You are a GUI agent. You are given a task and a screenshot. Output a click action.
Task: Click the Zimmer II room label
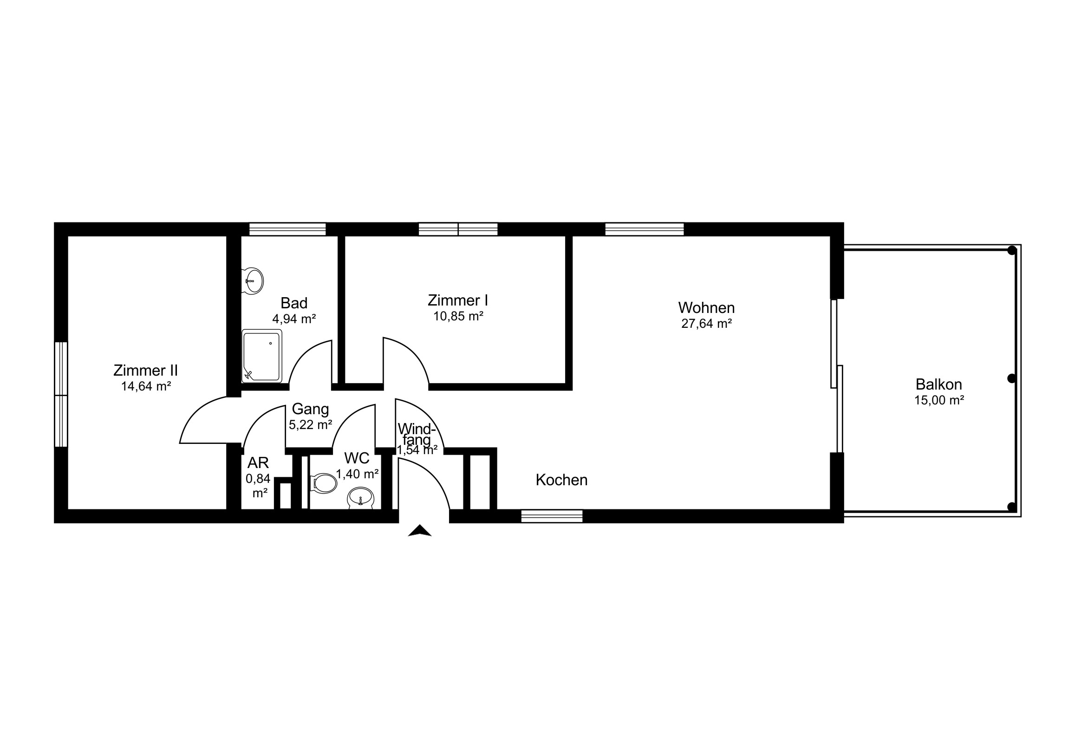click(146, 371)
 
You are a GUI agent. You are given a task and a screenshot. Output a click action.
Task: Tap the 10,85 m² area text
click(458, 316)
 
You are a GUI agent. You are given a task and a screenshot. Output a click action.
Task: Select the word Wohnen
click(706, 308)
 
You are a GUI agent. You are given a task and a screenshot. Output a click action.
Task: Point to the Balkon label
click(939, 384)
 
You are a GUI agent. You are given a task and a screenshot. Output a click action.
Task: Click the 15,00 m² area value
click(939, 400)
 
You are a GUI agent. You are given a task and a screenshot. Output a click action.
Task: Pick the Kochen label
click(561, 480)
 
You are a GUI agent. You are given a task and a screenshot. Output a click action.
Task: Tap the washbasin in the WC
click(360, 498)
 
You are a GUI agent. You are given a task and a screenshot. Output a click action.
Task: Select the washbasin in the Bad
click(253, 281)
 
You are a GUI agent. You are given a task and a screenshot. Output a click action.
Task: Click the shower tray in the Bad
click(262, 356)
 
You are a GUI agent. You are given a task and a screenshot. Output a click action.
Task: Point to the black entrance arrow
click(420, 531)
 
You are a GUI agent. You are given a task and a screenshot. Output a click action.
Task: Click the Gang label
click(310, 410)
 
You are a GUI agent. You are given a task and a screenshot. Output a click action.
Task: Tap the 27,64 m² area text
click(707, 324)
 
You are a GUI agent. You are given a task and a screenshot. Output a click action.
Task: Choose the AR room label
click(258, 463)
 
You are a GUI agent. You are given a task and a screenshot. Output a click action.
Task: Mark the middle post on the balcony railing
click(1011, 379)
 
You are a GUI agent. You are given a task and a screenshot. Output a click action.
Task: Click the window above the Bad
click(287, 229)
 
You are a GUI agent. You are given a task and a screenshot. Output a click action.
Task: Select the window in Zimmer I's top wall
click(458, 229)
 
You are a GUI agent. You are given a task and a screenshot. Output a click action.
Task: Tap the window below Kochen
click(552, 516)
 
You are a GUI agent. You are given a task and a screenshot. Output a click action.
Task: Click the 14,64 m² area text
click(146, 387)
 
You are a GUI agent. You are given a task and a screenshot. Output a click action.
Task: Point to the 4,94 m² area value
click(294, 319)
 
